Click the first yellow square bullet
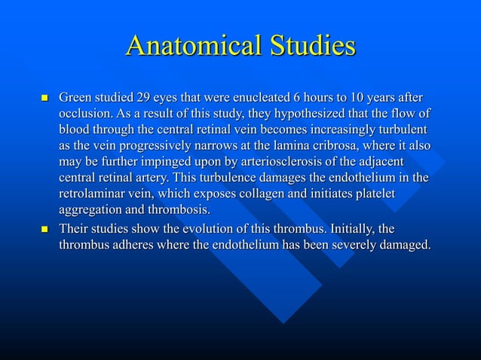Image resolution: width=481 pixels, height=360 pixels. coord(43,99)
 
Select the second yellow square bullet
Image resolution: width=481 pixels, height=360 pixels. coord(43,228)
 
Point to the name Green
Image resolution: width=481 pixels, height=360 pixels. coord(76,98)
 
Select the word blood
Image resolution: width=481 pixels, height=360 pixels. coord(75,130)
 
